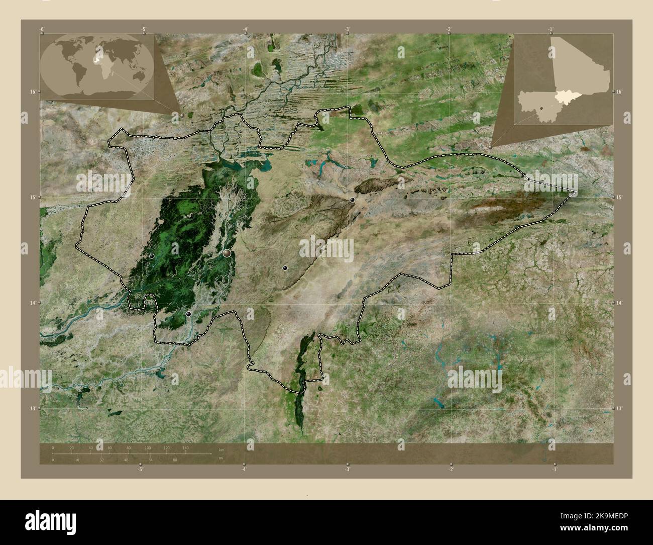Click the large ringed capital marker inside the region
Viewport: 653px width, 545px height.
tap(227, 253)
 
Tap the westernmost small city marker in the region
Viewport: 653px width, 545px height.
tap(152, 256)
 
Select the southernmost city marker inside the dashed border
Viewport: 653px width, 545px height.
tap(188, 314)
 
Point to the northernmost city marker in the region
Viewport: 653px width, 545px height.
tap(353, 200)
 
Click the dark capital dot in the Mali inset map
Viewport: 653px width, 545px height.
tap(542, 107)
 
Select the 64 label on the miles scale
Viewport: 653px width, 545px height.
tap(151, 460)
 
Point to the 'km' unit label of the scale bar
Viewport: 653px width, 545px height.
tap(221, 449)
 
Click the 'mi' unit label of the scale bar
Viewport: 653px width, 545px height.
tap(221, 458)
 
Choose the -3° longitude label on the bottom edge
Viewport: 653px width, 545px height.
tap(347, 470)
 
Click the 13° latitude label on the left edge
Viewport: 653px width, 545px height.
tap(33, 409)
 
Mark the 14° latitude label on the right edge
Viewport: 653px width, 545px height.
tap(619, 303)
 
